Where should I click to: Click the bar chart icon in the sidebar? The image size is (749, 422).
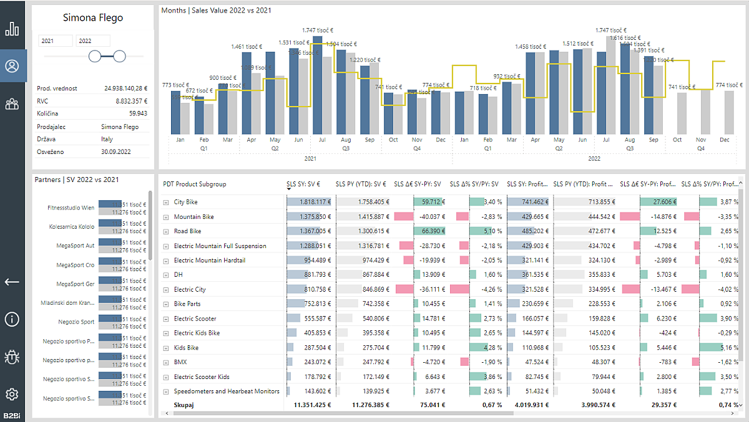12,29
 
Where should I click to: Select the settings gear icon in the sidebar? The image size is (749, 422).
12,394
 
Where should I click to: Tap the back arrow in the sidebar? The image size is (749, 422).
12,282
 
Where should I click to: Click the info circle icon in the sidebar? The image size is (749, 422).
12,319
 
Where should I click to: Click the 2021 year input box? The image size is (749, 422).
55,41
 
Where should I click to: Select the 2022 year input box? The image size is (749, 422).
92,41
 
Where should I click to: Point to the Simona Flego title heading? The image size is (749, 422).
92,17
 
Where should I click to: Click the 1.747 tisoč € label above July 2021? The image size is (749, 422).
318,30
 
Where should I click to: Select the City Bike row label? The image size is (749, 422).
185,202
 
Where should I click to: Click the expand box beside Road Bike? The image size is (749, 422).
166,231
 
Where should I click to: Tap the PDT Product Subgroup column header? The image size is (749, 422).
194,185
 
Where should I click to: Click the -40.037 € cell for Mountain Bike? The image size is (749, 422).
427,217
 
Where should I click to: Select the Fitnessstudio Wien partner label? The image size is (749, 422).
71,208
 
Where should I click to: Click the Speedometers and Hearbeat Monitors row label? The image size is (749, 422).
227,391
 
